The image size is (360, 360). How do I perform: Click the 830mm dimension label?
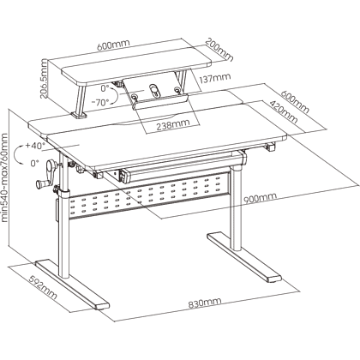point(205,303)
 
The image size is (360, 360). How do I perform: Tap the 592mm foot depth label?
point(44,287)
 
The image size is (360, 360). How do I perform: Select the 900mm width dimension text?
point(260,197)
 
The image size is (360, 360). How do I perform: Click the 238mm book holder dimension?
point(172,124)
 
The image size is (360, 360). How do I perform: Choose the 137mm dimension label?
point(215,78)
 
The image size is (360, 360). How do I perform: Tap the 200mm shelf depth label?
point(219,49)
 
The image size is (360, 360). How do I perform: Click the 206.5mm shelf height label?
point(44,78)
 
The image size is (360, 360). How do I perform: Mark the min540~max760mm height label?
point(5,177)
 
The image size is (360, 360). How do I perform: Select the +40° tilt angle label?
point(35,146)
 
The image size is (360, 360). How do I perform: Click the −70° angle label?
point(99,102)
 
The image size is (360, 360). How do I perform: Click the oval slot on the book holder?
point(155,91)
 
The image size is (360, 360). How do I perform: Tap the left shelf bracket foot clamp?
point(79,116)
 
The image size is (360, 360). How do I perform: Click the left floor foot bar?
point(72,285)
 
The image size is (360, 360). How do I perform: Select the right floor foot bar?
point(243,257)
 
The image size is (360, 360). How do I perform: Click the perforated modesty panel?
point(149,198)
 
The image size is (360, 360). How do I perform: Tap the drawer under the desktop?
point(183,169)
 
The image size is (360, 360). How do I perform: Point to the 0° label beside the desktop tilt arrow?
point(34,163)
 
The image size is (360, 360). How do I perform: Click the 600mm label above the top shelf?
point(113,45)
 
